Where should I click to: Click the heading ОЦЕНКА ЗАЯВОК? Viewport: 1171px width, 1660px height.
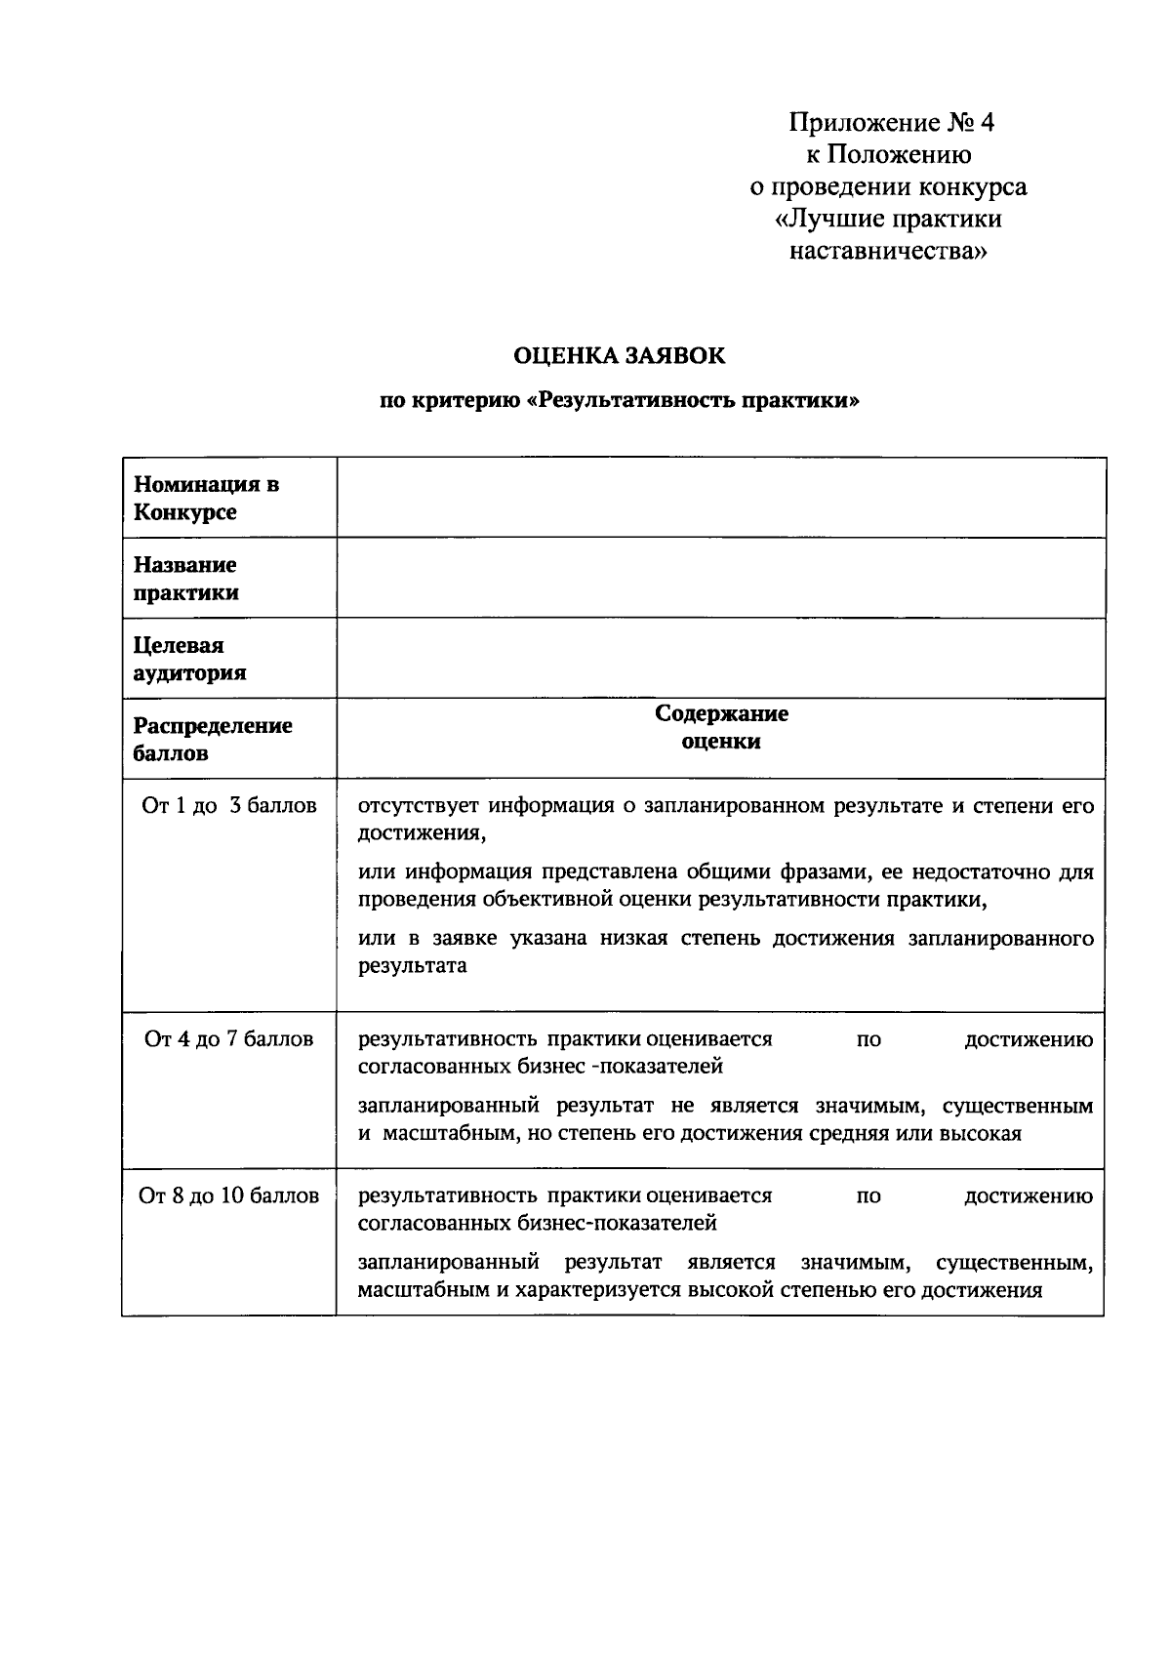(x=620, y=356)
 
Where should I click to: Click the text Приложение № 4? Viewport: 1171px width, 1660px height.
(x=891, y=123)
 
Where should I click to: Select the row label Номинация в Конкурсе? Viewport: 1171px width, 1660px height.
(x=207, y=498)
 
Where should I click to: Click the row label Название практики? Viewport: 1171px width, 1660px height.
(x=186, y=579)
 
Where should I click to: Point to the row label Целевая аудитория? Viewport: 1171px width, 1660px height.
(x=189, y=659)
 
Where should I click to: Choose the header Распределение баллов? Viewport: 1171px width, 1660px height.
(x=213, y=739)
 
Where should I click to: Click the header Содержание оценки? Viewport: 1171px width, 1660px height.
(x=721, y=727)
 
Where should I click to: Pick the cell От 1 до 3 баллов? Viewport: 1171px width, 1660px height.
(x=229, y=806)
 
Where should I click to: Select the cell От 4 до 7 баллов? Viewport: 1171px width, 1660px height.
(x=229, y=1038)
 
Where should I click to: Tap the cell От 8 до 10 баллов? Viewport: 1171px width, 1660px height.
(x=229, y=1195)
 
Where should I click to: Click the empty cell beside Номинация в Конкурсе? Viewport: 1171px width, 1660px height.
(x=721, y=498)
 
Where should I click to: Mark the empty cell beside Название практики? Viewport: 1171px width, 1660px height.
(x=721, y=579)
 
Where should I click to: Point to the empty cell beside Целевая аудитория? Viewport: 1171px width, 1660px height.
(x=721, y=659)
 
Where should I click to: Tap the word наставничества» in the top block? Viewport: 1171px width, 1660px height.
(x=888, y=252)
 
